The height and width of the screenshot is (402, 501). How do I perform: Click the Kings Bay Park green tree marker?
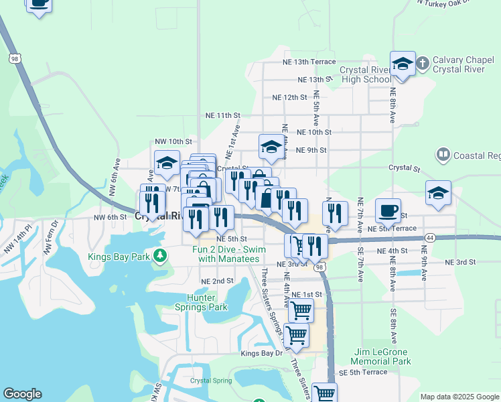(x=159, y=255)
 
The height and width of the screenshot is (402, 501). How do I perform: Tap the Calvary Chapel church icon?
(x=423, y=64)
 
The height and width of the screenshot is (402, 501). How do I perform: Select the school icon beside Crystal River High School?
(x=403, y=64)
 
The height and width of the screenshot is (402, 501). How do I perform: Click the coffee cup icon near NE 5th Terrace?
(x=388, y=211)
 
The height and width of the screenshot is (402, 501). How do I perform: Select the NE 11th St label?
(x=223, y=115)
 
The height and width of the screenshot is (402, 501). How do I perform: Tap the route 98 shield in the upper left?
(x=15, y=59)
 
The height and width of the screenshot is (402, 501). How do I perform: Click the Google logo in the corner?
(x=22, y=394)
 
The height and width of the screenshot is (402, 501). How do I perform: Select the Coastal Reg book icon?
(x=442, y=155)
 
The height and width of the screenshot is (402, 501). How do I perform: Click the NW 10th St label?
(x=173, y=142)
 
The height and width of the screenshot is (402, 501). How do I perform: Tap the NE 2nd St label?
(x=216, y=281)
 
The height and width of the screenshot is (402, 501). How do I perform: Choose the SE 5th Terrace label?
(x=363, y=372)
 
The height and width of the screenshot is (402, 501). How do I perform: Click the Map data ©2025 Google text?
(x=459, y=397)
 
